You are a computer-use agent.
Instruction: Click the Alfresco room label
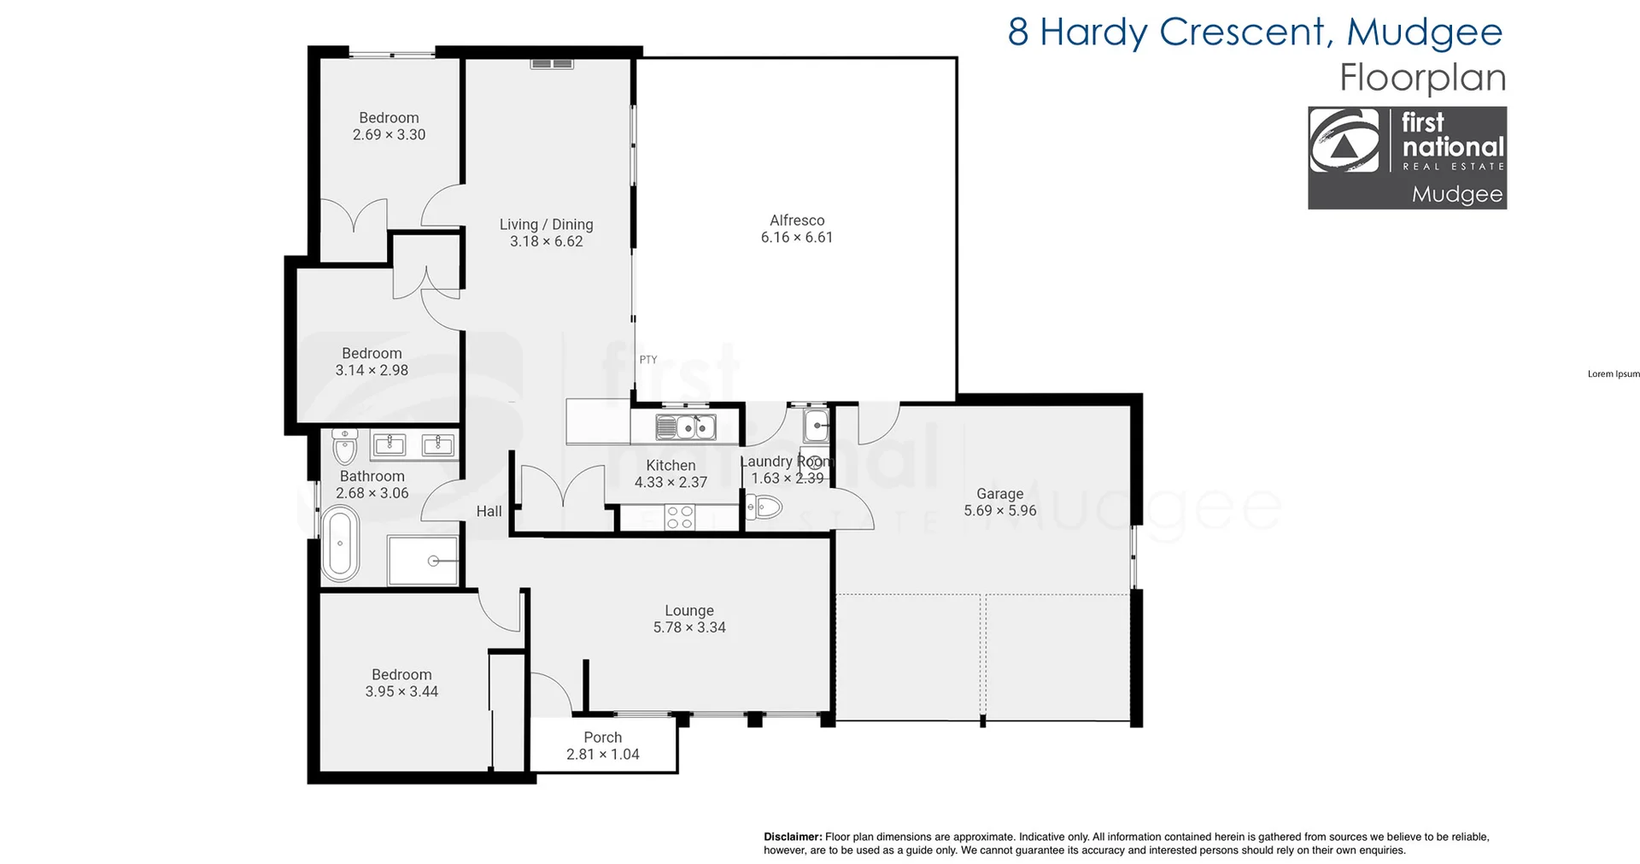point(797,220)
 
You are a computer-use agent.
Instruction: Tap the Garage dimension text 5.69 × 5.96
point(999,510)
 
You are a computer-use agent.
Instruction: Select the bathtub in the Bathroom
point(340,544)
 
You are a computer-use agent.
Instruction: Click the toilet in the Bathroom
point(344,445)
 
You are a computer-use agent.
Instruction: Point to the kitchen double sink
point(686,425)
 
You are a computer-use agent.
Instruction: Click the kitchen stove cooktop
point(680,517)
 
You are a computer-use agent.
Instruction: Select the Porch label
point(602,737)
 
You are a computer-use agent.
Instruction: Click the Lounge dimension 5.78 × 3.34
point(689,627)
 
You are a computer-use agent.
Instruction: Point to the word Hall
point(489,511)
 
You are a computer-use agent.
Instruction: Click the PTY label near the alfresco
point(648,360)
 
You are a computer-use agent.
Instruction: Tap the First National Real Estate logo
point(1407,157)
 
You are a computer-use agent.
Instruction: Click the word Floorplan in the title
point(1422,78)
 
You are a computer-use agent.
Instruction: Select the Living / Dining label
point(546,225)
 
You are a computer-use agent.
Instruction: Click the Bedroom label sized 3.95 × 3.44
point(401,674)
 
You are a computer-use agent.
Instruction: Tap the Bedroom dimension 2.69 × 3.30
point(389,134)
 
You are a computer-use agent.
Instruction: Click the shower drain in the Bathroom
point(434,561)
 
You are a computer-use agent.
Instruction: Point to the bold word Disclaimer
point(793,837)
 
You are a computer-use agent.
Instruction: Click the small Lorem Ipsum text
point(1614,373)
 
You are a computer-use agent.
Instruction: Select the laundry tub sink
point(817,425)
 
